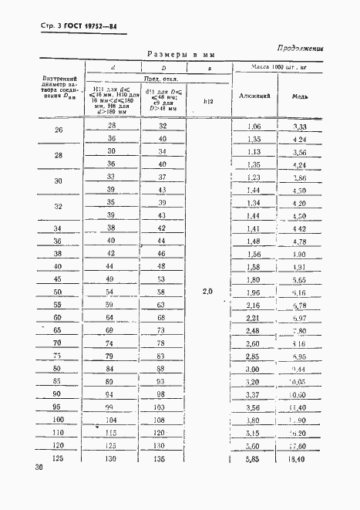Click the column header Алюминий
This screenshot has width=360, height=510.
254,97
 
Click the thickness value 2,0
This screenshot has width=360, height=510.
208,292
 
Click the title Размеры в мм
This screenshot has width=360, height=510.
180,55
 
